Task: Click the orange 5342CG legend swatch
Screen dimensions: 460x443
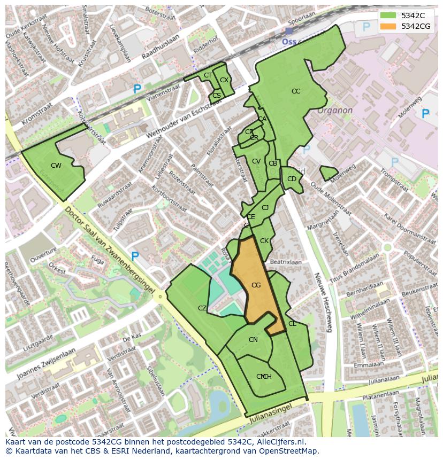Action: [x=388, y=26]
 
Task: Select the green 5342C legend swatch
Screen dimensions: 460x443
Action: [x=388, y=15]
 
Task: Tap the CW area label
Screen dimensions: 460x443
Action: [x=56, y=166]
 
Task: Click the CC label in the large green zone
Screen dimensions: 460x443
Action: [x=296, y=91]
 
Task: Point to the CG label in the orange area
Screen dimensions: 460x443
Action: [x=256, y=285]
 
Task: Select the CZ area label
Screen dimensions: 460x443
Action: [x=202, y=308]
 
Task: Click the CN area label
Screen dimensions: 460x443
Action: [x=253, y=340]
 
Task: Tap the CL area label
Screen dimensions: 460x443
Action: [x=292, y=324]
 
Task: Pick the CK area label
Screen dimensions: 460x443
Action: [x=264, y=241]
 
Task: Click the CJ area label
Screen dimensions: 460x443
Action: [x=265, y=208]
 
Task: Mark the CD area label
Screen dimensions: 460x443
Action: [x=292, y=179]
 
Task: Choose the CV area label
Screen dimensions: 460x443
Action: [x=256, y=161]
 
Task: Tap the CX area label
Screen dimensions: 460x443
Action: [x=224, y=80]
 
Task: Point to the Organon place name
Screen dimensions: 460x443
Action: [x=335, y=111]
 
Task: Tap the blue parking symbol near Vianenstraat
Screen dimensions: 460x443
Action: [x=138, y=90]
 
